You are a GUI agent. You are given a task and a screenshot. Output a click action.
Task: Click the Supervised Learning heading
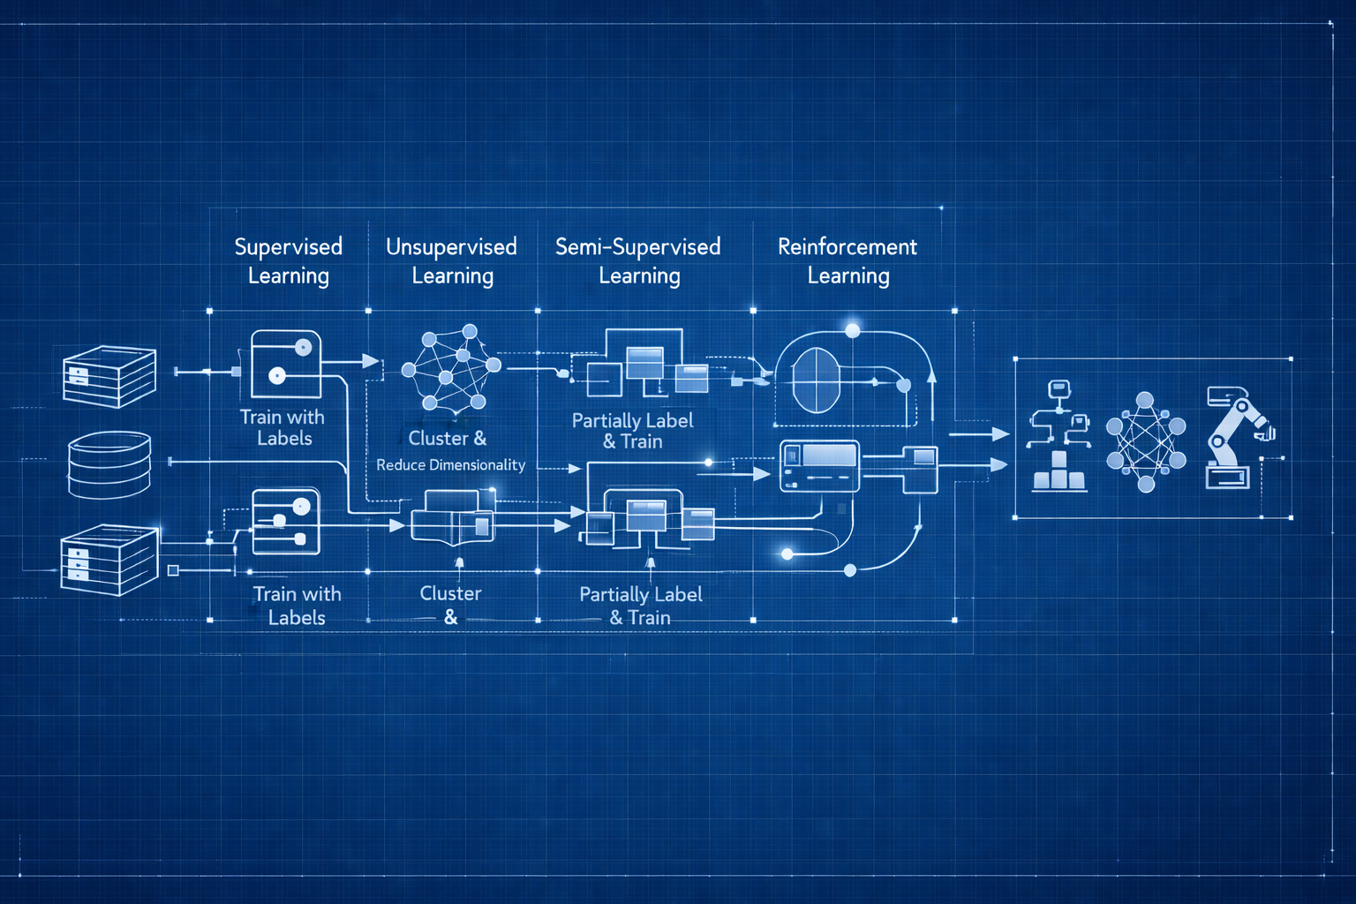pos(288,260)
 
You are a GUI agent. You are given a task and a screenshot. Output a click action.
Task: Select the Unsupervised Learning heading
pos(451,260)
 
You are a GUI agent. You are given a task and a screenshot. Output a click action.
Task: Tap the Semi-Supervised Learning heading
pos(638,260)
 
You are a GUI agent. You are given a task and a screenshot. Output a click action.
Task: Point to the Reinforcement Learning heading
pos(847,260)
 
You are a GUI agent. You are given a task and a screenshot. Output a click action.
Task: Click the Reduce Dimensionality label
pos(450,465)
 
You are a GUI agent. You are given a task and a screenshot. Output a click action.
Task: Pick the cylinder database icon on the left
pos(109,464)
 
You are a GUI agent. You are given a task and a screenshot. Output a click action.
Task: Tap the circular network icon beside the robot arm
pos(1145,441)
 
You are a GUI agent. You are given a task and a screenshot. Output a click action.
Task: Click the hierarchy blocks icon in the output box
pos(1059,436)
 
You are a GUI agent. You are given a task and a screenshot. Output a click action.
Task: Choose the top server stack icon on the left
pos(109,376)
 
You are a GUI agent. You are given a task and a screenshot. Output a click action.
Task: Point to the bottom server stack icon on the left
pos(109,560)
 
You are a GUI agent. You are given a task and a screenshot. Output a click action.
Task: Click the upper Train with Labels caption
pos(282,427)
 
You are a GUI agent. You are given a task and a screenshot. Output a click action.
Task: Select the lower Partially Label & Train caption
pos(641,606)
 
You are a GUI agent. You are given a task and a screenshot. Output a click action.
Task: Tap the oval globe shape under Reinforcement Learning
pos(816,380)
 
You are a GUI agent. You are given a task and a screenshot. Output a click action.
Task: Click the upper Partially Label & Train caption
pos(633,431)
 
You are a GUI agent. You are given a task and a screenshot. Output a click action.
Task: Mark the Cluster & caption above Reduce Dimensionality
pos(447,438)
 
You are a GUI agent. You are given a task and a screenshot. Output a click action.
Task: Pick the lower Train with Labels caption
pos(297,606)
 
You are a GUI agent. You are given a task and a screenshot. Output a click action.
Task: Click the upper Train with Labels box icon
pos(285,364)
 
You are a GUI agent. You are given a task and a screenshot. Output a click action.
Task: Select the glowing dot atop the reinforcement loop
pos(852,330)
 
